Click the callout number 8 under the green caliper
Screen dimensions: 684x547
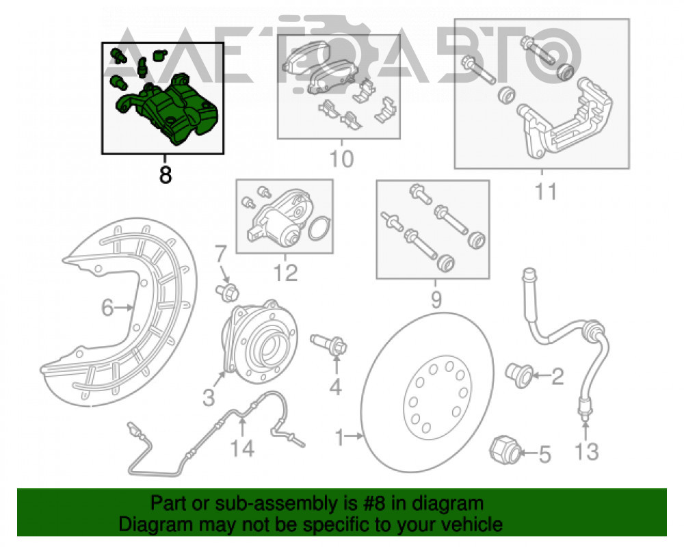point(166,174)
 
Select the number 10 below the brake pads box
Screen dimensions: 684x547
point(341,159)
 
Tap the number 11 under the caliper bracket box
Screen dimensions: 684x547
point(546,191)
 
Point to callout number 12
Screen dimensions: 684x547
point(285,273)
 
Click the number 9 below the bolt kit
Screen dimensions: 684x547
point(436,299)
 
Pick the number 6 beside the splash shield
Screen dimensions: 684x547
point(107,308)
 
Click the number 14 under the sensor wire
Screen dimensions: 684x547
point(242,449)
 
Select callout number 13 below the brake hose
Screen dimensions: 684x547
point(587,451)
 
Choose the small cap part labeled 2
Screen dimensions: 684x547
point(519,375)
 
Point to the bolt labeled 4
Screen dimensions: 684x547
point(329,345)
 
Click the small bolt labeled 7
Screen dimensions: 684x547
point(227,292)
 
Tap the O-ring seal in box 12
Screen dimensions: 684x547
point(319,228)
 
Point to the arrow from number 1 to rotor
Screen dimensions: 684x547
point(354,436)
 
